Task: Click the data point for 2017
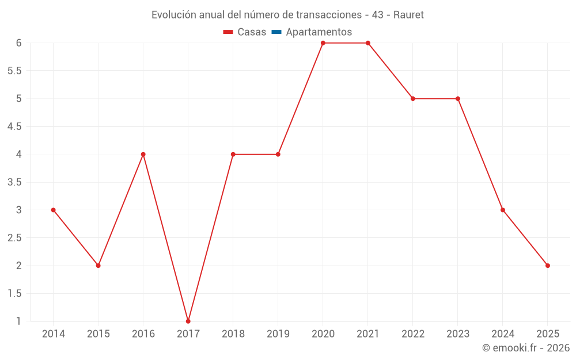(x=188, y=321)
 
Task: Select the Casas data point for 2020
(x=323, y=43)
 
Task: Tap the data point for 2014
(x=54, y=210)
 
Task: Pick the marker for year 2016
(x=143, y=154)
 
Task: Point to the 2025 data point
(x=548, y=266)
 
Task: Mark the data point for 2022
(x=413, y=98)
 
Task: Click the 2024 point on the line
(x=503, y=210)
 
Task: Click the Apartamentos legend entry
(x=319, y=32)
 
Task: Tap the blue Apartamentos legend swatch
(x=276, y=32)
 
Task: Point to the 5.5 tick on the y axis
(x=14, y=71)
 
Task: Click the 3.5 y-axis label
(x=14, y=182)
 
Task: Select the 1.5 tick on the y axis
(x=14, y=293)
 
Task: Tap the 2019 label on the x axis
(x=278, y=334)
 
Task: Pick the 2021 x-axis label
(x=368, y=334)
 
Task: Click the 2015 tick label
(x=98, y=334)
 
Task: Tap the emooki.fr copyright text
(x=526, y=348)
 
